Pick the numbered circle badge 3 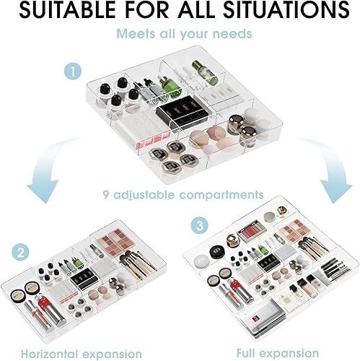[198, 225]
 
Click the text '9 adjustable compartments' [180, 194]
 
